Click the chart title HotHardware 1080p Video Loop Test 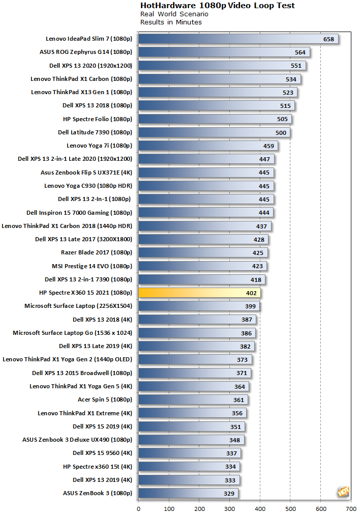coord(217,6)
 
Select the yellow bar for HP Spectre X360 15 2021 coord(199,293)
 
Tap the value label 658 coord(328,39)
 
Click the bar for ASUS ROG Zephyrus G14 coord(224,52)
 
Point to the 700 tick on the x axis coord(351,509)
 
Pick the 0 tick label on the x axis coord(138,509)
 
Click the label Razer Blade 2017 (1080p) coord(96,252)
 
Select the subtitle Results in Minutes coord(171,22)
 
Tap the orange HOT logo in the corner coord(343,492)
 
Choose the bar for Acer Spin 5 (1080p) coord(193,400)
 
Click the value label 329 coord(229,494)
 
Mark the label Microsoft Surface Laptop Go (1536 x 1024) coord(72,333)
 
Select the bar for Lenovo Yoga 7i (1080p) coord(208,146)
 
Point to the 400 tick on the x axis coord(260,509)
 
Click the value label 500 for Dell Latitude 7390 coord(281,133)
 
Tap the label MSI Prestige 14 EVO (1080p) coord(92,266)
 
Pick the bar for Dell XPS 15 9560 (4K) coord(190,453)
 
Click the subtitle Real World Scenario coord(174,14)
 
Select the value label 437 coord(261,226)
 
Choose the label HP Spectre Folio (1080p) coord(97,119)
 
